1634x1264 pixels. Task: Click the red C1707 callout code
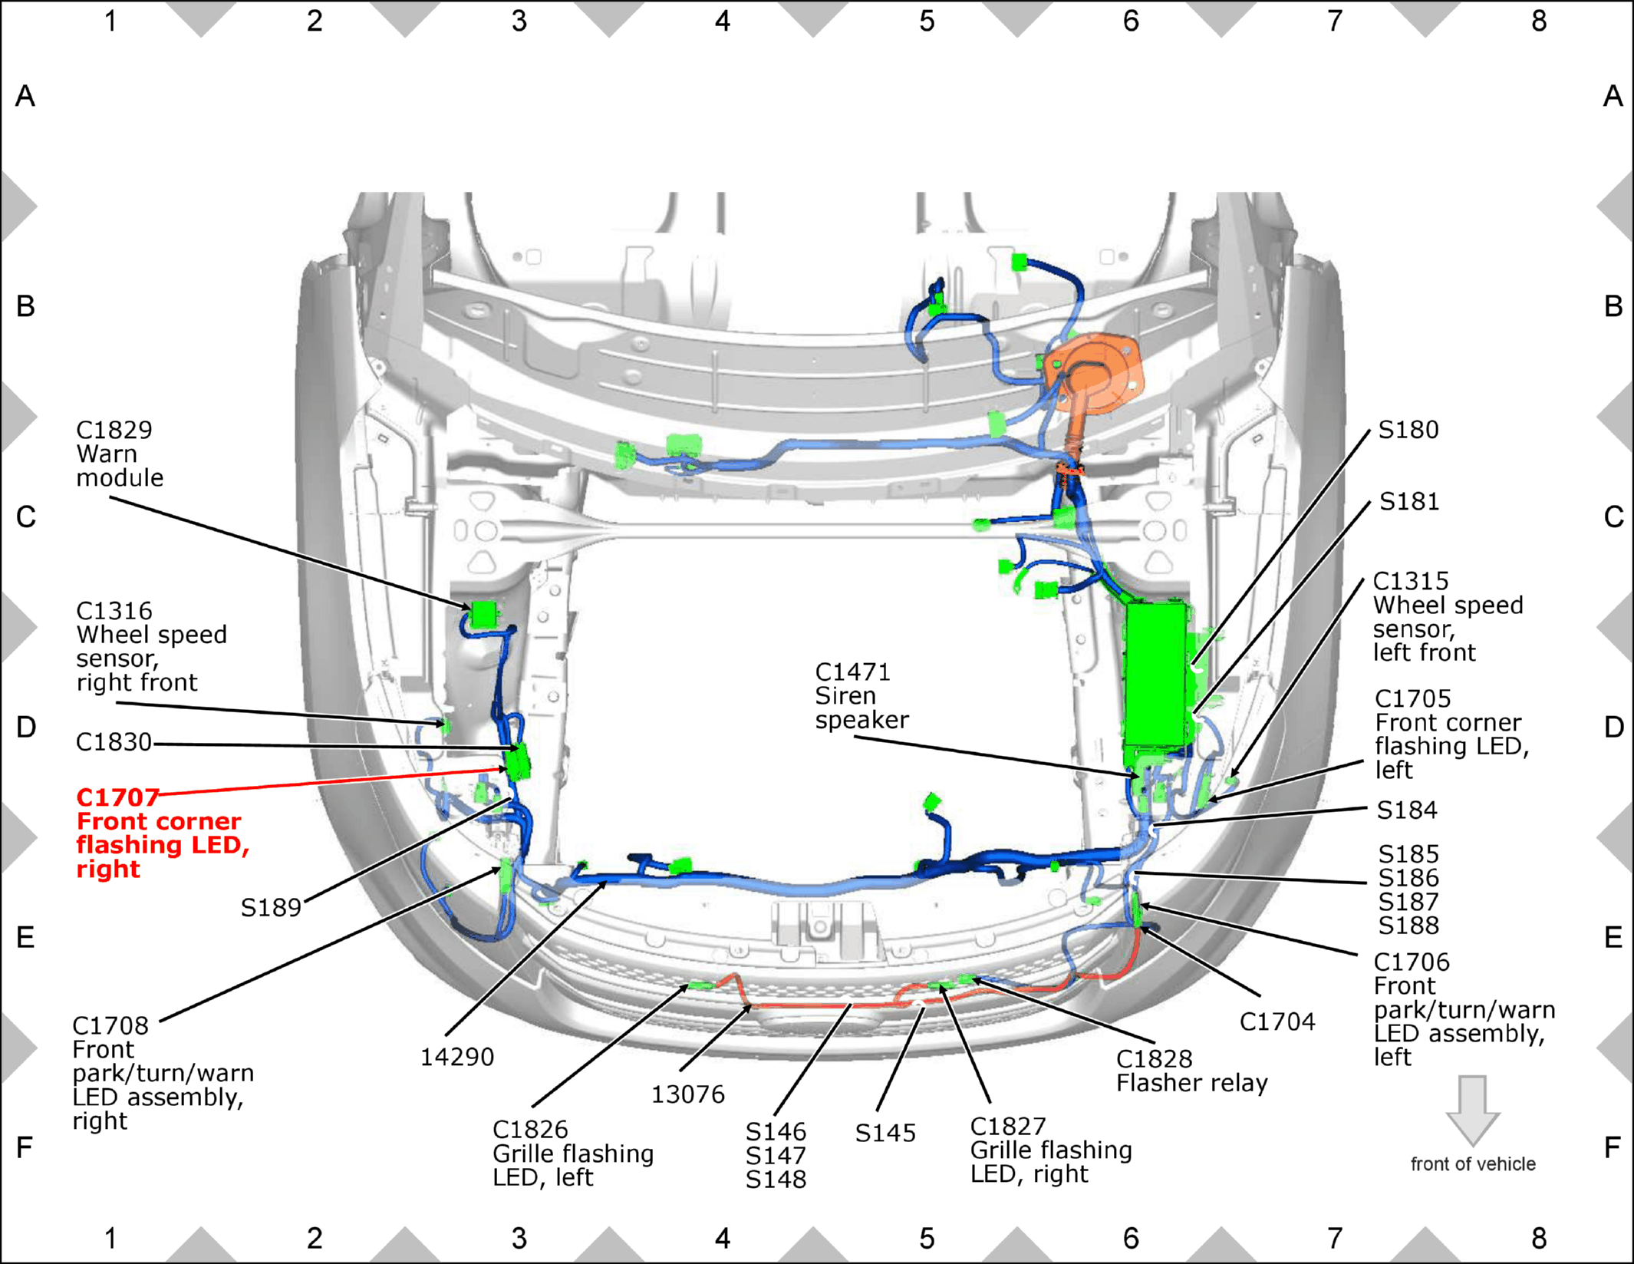pos(117,797)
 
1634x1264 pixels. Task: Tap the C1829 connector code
pos(114,430)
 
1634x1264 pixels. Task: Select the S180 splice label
pos(1408,430)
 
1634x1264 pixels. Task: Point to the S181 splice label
pos(1409,501)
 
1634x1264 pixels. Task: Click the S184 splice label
pos(1407,810)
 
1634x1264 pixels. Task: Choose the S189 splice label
pos(271,908)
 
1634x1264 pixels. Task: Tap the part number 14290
pos(457,1057)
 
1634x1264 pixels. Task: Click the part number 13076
pos(688,1094)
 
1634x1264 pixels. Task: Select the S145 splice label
pos(885,1133)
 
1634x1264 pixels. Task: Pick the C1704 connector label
pos(1277,1021)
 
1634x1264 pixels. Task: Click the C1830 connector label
pos(114,742)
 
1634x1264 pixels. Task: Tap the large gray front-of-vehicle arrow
pos(1473,1111)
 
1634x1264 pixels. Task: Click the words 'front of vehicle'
pos(1473,1164)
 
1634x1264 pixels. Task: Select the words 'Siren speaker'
pos(861,708)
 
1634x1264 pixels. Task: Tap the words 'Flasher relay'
pos(1192,1083)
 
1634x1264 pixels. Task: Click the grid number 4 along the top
pos(723,21)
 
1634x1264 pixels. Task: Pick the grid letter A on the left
pos(25,96)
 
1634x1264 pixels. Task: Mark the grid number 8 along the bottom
pos(1539,1238)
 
